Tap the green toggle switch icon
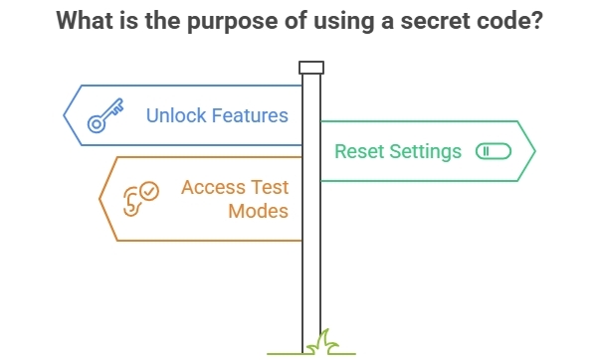[x=493, y=152]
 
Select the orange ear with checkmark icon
[x=139, y=196]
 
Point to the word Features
[x=252, y=115]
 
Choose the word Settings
[x=425, y=152]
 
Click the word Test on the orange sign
[x=273, y=187]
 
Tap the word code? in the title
[x=510, y=22]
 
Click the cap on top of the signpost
[x=311, y=67]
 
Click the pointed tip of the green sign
[x=534, y=151]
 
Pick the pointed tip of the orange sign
[x=100, y=199]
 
